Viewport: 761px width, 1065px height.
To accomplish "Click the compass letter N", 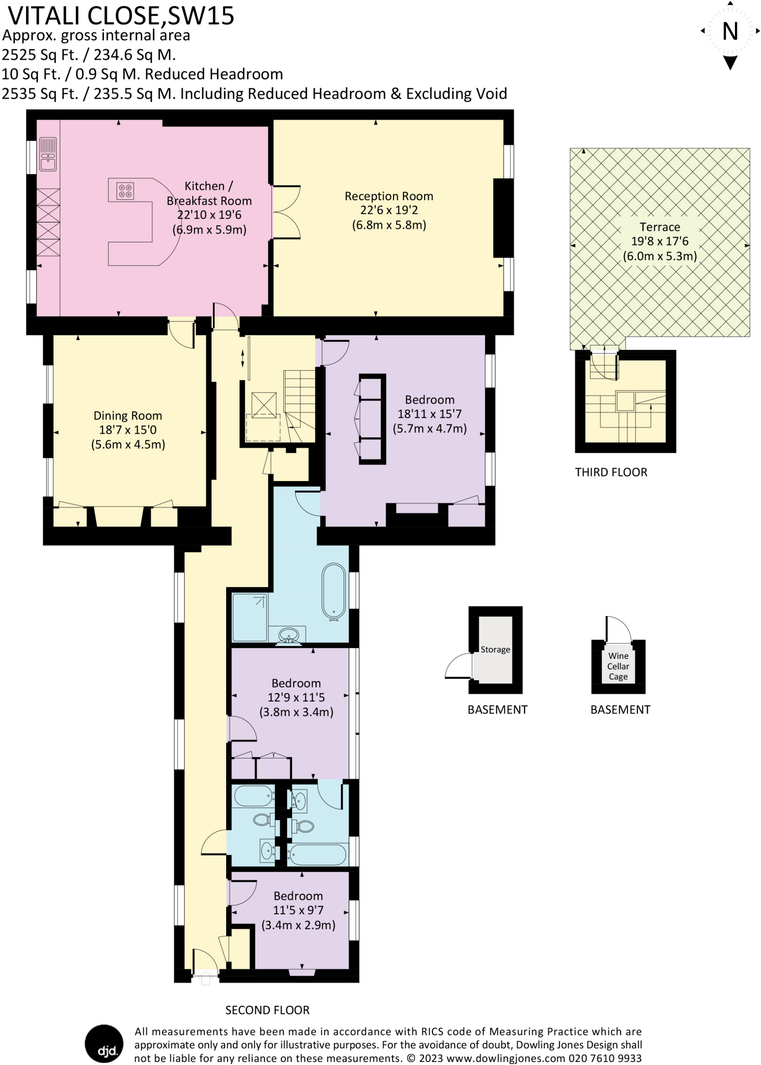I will [x=730, y=32].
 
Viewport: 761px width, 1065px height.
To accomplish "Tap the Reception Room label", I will [x=389, y=196].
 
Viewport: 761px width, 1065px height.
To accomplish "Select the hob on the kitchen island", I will [x=125, y=190].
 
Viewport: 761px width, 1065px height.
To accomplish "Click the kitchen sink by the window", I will [x=48, y=154].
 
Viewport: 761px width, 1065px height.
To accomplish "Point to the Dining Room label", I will [x=128, y=415].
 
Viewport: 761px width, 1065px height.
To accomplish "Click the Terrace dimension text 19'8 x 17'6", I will [x=660, y=241].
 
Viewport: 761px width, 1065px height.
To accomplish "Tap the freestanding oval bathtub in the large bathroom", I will [x=333, y=592].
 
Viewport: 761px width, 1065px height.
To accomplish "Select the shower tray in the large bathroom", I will [x=250, y=617].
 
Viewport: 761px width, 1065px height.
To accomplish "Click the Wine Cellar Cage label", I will [x=618, y=666].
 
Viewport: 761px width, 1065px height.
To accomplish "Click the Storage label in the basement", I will [x=495, y=650].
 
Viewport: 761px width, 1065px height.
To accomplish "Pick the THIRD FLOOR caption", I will [x=611, y=472].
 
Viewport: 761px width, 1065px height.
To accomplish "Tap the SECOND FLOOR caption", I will [x=267, y=1010].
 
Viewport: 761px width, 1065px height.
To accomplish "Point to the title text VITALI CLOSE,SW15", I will [x=122, y=16].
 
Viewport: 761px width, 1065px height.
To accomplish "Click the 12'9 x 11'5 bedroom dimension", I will [x=296, y=697].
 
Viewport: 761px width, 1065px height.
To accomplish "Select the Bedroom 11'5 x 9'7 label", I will [x=298, y=895].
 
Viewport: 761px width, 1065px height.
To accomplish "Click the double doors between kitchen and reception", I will [x=286, y=212].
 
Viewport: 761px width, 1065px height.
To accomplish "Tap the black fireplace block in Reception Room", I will [x=502, y=217].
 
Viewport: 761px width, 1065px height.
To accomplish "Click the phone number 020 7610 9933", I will [x=605, y=1058].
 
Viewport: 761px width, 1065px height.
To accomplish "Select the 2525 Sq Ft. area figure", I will [x=40, y=55].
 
